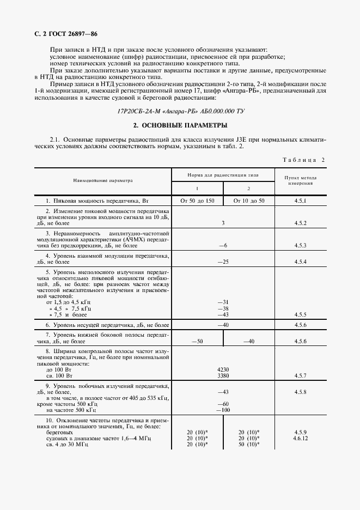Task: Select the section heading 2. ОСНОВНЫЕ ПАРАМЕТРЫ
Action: (179, 125)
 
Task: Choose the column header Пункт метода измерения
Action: (301, 180)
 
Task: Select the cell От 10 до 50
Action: (249, 201)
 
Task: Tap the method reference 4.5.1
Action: (301, 201)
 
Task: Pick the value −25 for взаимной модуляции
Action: (222, 262)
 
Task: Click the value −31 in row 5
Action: (222, 302)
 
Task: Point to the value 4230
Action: (223, 369)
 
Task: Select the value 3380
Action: (223, 375)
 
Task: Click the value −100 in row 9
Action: (222, 410)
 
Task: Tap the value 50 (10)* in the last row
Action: (249, 444)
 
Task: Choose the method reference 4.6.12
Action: (301, 438)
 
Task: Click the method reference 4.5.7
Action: (301, 375)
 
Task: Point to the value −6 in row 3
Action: (222, 246)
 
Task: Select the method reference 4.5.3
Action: (301, 246)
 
